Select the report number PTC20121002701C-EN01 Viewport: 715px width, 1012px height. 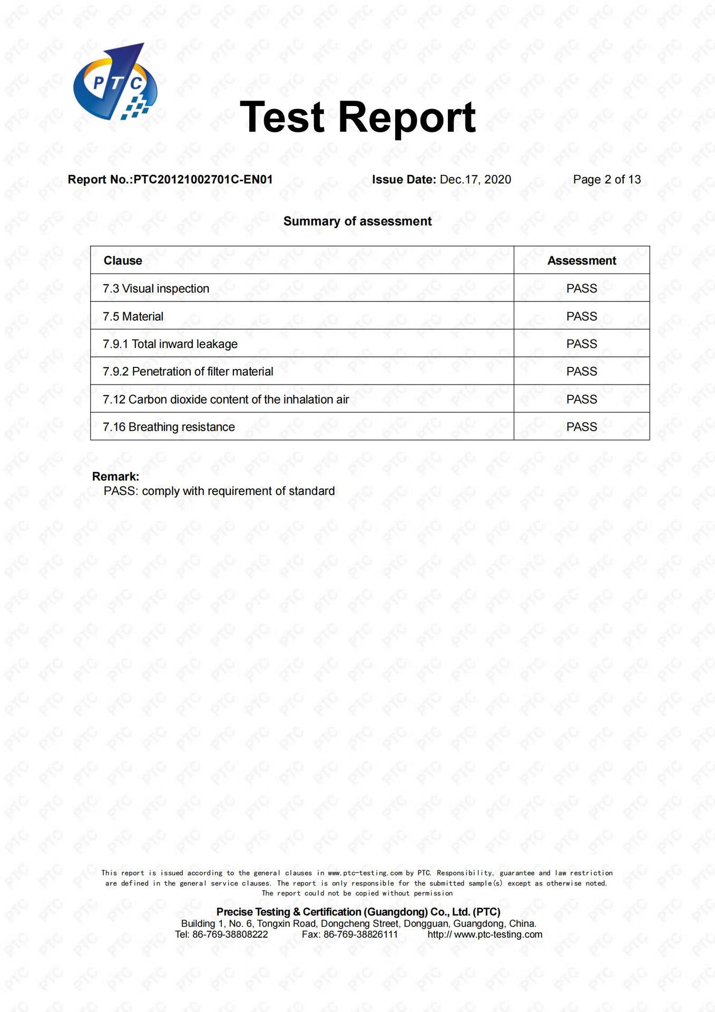tap(203, 180)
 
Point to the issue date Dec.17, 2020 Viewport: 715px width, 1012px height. tap(475, 180)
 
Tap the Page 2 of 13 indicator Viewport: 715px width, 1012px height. tap(606, 180)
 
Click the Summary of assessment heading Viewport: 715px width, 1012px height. tap(357, 221)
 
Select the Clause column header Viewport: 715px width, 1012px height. tap(123, 260)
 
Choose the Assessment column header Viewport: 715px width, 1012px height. tap(581, 260)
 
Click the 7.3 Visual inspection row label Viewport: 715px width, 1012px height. tap(156, 289)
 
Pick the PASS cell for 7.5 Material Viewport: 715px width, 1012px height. tap(581, 316)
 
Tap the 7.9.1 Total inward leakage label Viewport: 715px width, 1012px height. tap(170, 344)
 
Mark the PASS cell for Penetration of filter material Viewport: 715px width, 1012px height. tap(581, 372)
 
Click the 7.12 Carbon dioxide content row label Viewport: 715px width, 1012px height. tap(226, 400)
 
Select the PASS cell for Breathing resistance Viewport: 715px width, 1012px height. tap(581, 427)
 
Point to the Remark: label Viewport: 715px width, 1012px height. tap(115, 476)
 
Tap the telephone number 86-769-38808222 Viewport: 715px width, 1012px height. tap(230, 935)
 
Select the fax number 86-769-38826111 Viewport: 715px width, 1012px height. tap(360, 935)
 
